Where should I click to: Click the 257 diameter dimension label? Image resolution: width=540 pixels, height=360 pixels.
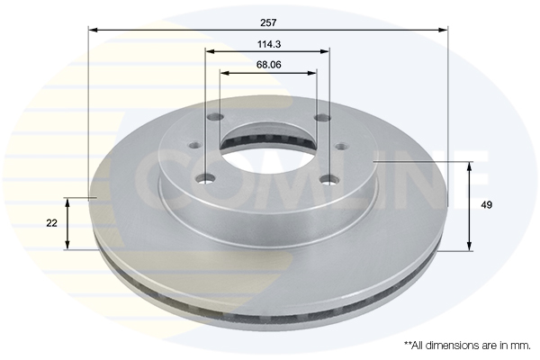point(268,22)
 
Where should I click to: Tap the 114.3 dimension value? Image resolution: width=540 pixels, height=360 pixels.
point(269,44)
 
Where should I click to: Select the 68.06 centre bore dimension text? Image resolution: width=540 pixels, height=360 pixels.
point(268,65)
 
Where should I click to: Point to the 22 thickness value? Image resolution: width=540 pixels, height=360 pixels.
point(51,223)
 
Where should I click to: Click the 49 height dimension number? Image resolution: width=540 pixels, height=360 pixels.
point(486,205)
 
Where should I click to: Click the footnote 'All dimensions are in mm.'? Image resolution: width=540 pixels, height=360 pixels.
point(467,346)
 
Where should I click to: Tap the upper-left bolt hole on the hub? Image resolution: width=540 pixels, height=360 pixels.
point(216,117)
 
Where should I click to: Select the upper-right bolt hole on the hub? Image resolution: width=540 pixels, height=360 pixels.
point(323,118)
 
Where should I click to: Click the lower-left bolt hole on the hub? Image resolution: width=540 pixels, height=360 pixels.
point(205,179)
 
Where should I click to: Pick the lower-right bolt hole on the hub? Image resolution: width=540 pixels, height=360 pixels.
point(329,179)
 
